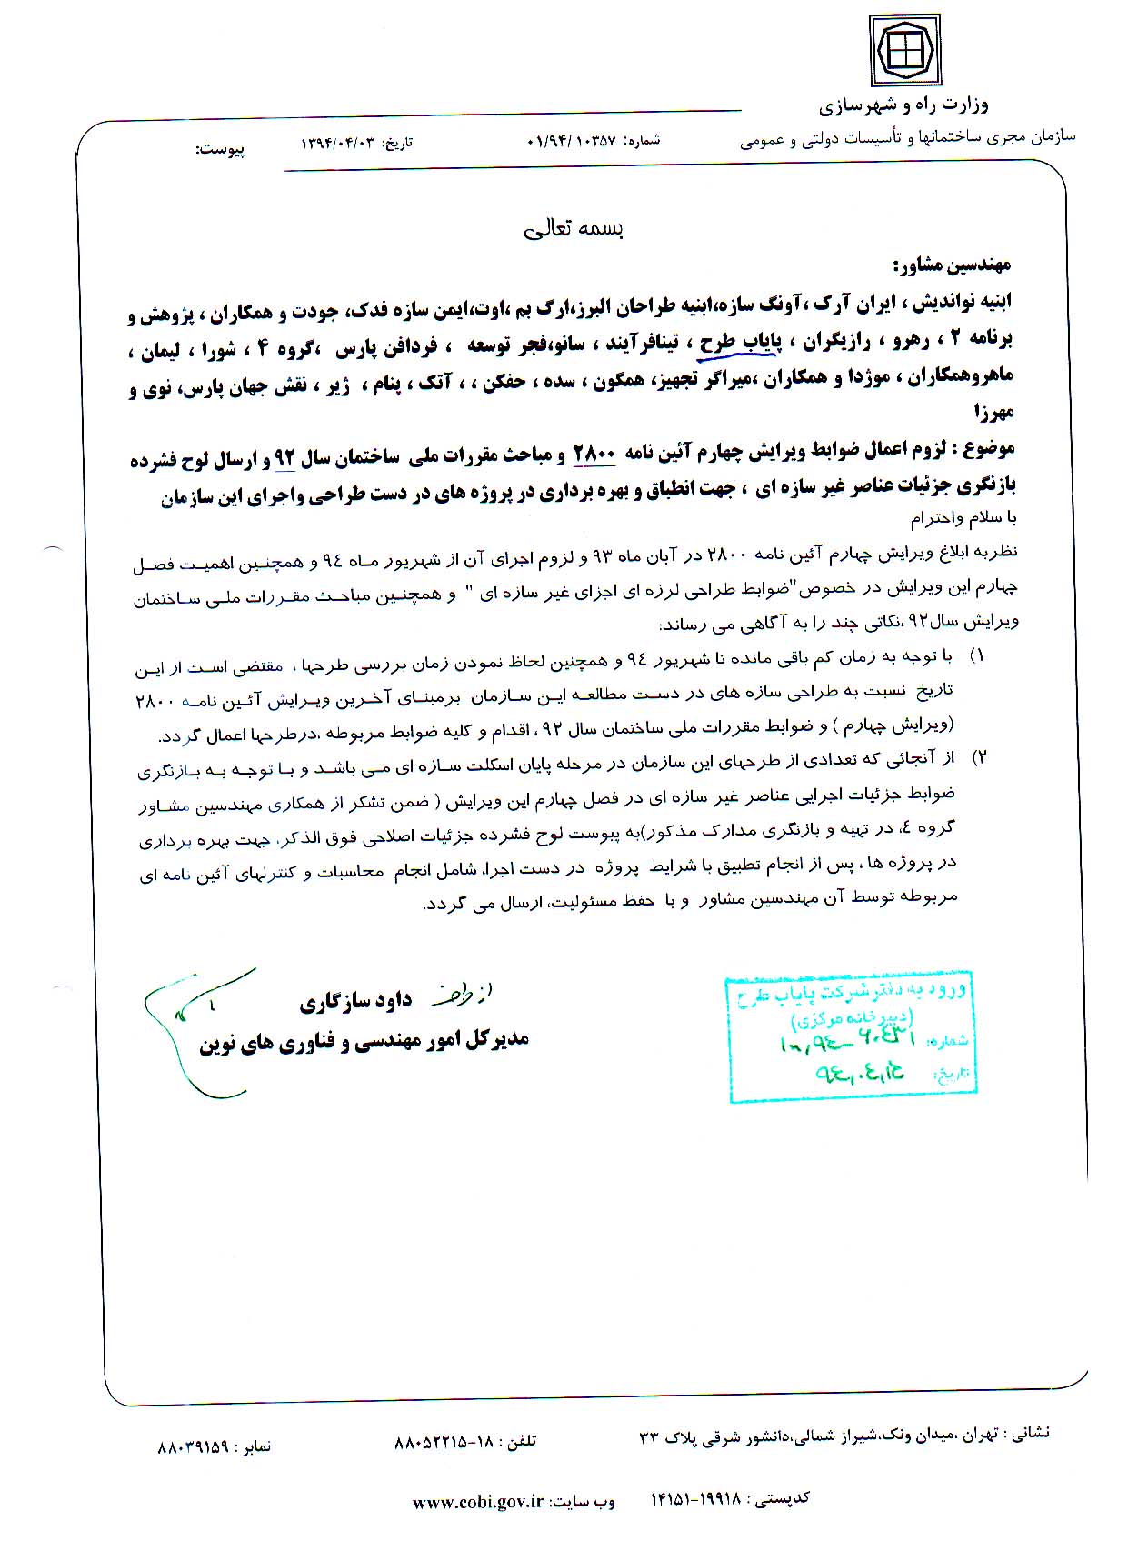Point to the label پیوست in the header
point(220,149)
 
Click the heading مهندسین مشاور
point(953,265)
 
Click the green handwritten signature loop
point(186,1018)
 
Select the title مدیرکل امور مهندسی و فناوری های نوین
point(364,1041)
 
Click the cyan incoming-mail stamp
point(851,1037)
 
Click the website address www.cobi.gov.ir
point(477,1502)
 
